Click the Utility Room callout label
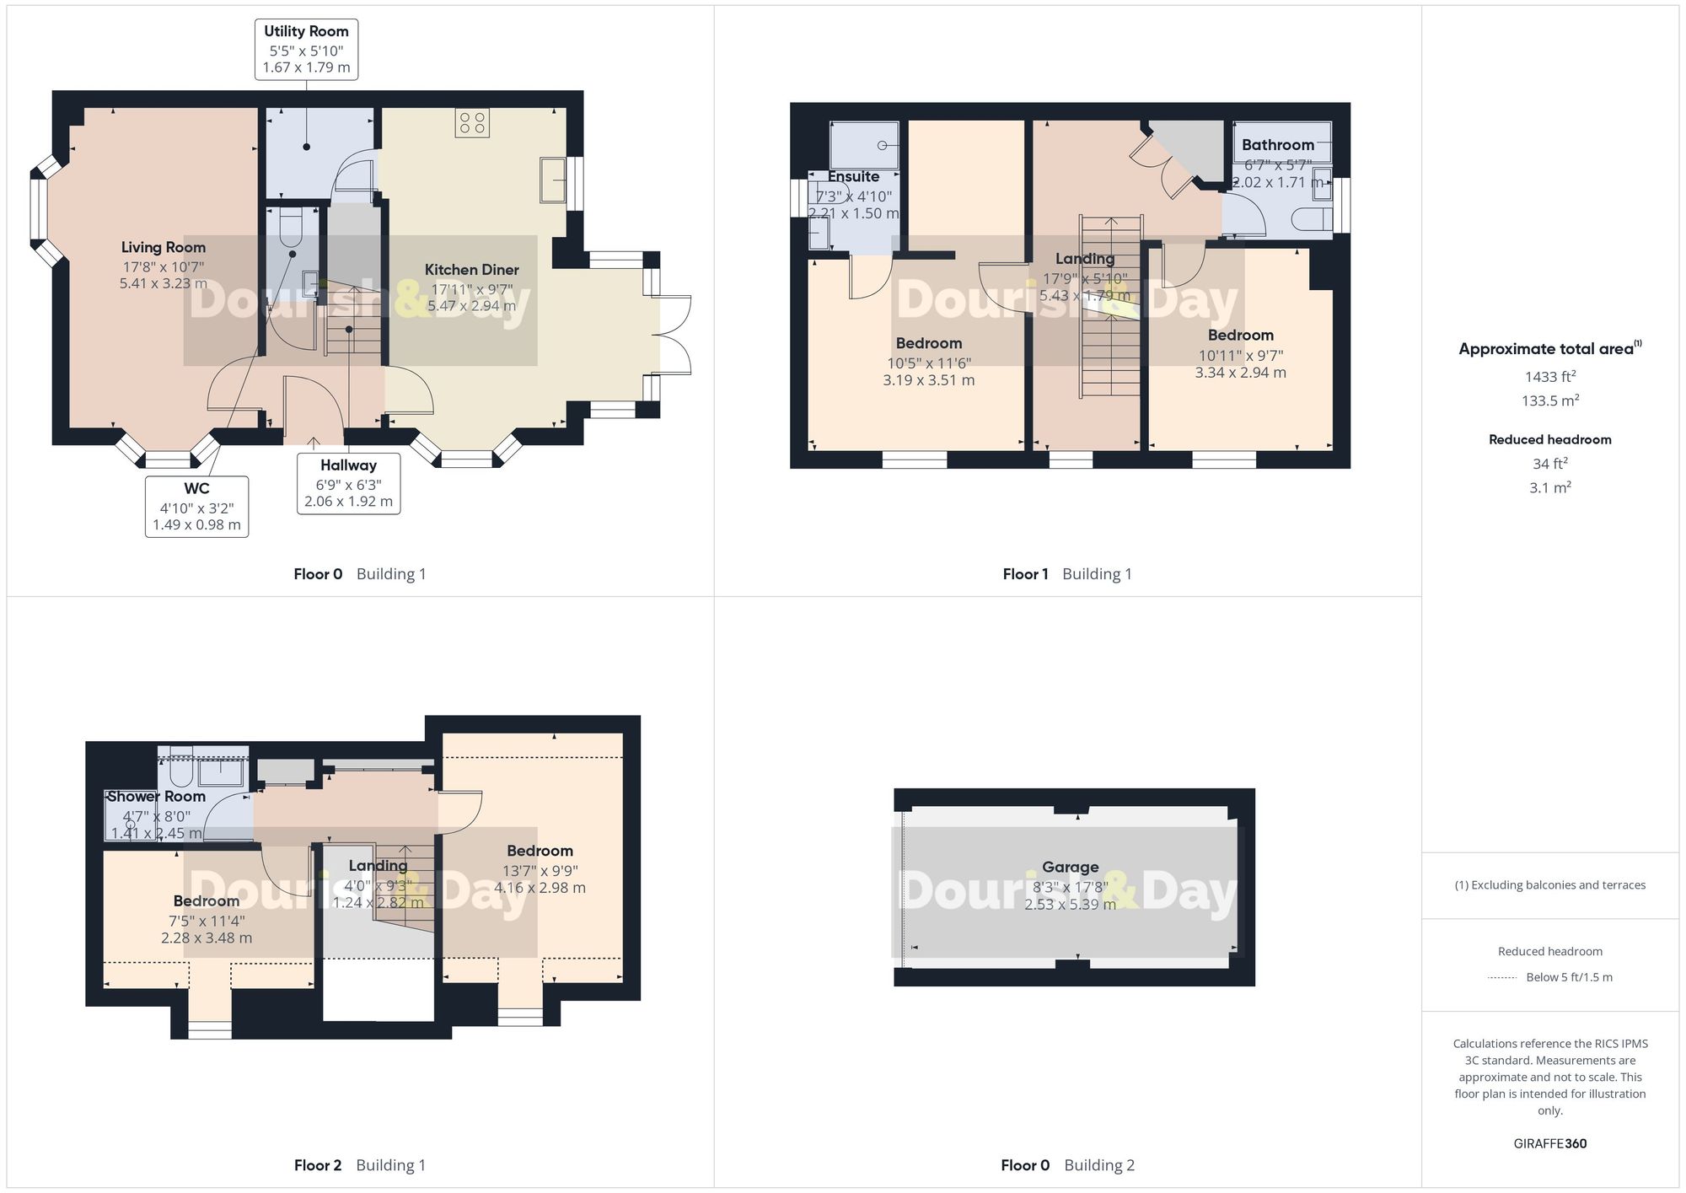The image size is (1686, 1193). click(306, 49)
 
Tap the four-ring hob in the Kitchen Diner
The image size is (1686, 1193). click(471, 122)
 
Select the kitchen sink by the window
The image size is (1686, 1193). click(553, 180)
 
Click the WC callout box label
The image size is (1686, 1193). click(196, 506)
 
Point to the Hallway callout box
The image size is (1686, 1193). click(348, 483)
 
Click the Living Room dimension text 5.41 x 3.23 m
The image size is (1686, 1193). click(163, 284)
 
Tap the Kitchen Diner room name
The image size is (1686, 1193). click(471, 270)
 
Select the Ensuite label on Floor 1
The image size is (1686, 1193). click(853, 176)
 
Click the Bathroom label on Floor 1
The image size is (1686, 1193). click(1277, 145)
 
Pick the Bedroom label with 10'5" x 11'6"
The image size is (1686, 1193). click(928, 343)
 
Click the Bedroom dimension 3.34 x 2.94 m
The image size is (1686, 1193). click(1240, 373)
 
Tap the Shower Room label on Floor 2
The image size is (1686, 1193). click(157, 796)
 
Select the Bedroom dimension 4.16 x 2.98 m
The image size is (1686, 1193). click(540, 888)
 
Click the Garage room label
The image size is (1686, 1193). click(1070, 867)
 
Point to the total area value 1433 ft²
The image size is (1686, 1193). click(1549, 377)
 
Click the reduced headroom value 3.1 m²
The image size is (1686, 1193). click(1549, 487)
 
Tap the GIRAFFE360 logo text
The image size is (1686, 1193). click(1549, 1143)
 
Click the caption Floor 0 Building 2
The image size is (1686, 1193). click(1067, 1165)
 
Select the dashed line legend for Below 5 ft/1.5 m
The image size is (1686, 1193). click(1502, 978)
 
